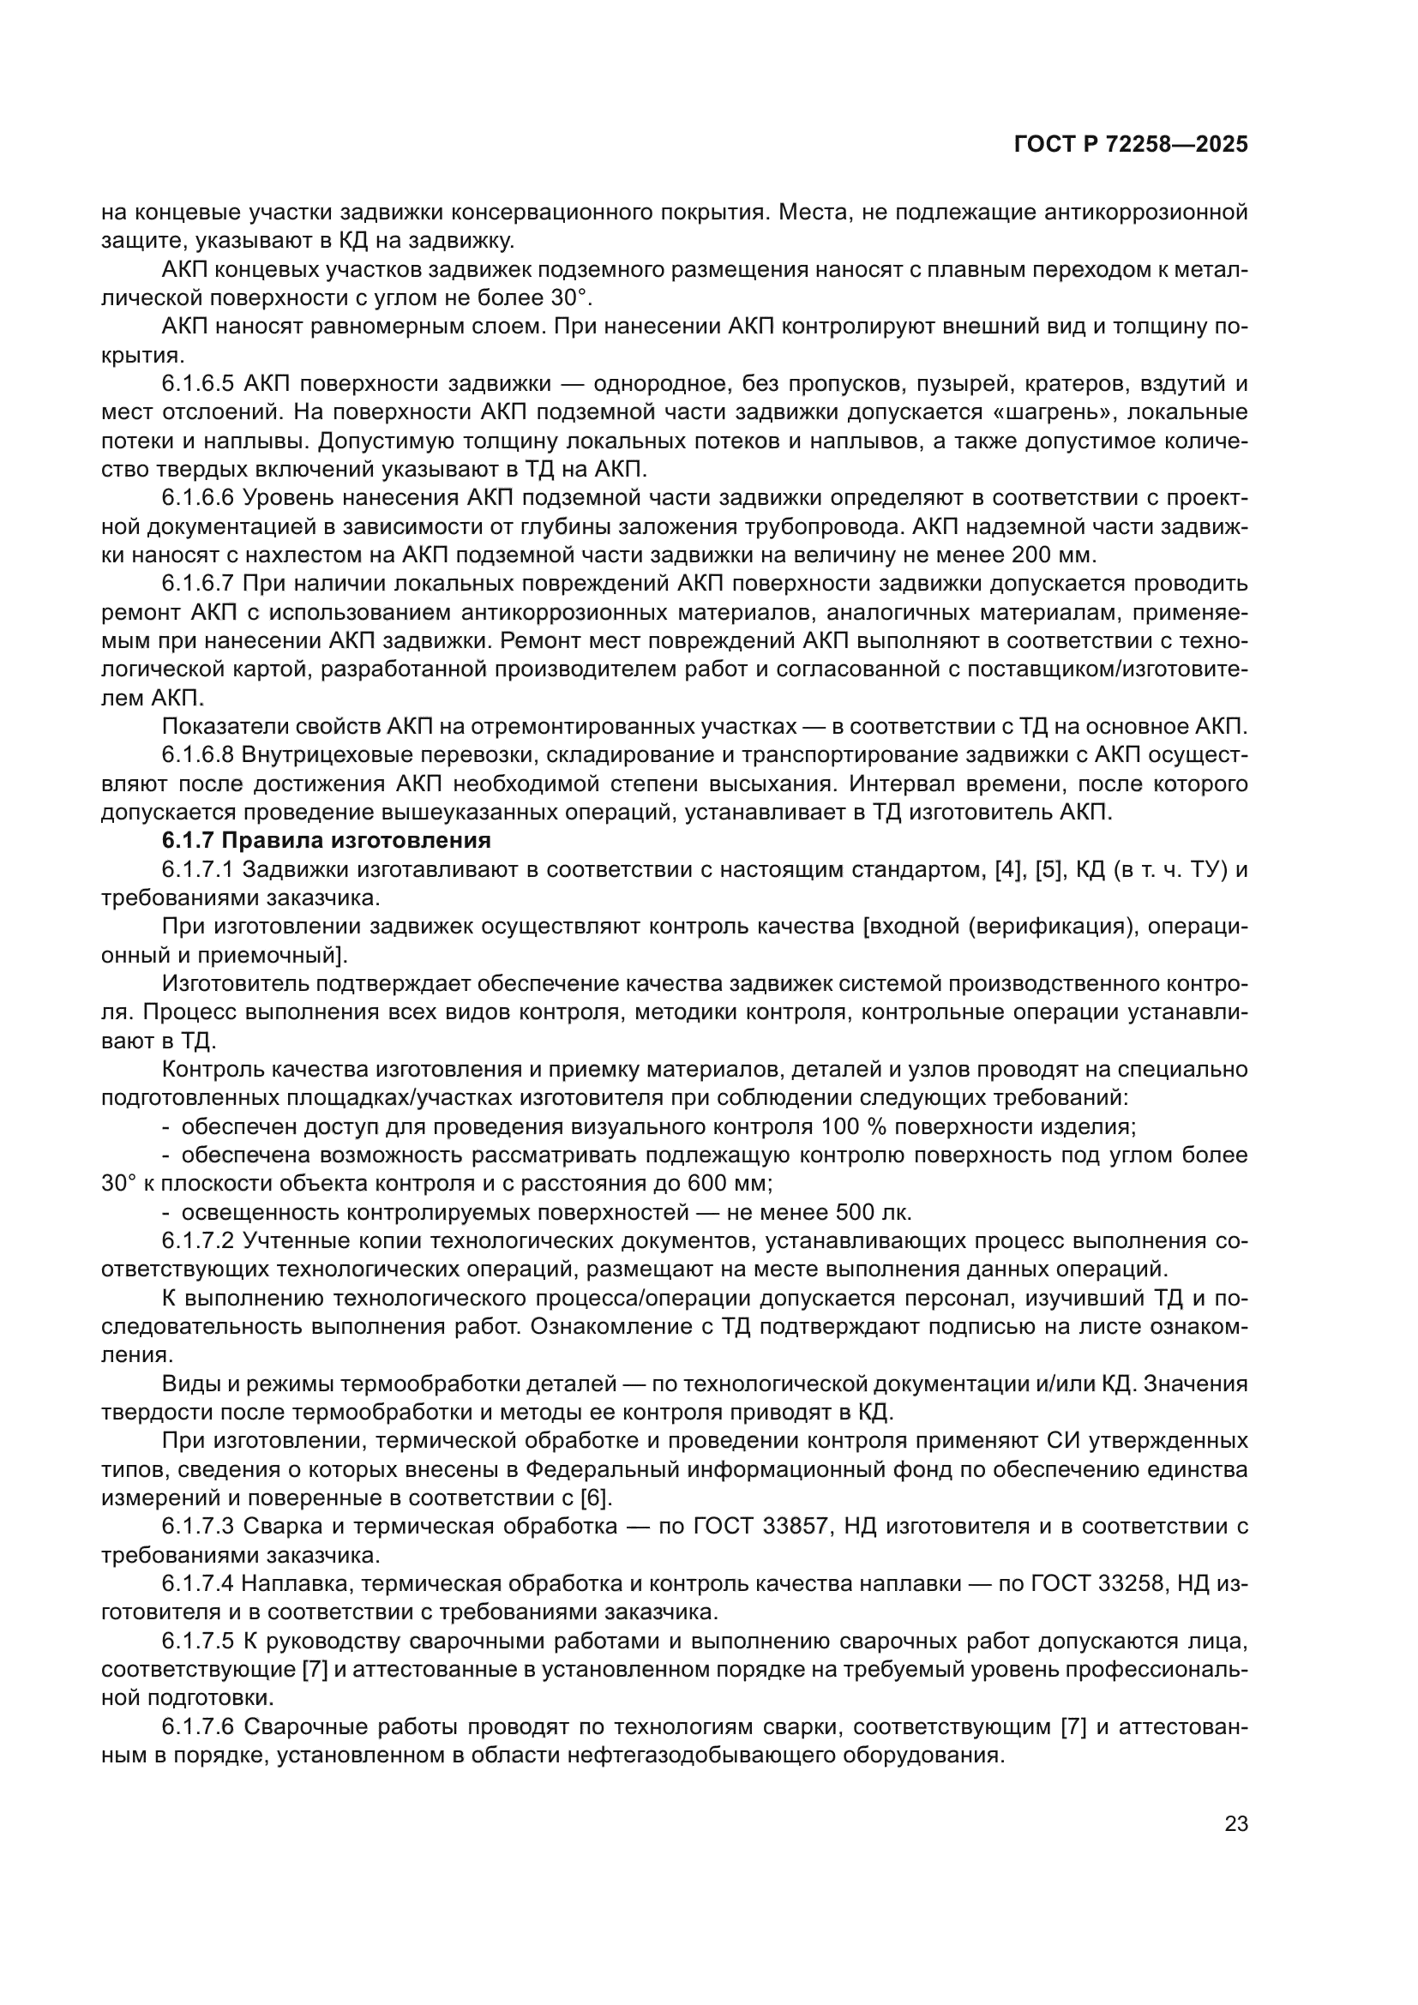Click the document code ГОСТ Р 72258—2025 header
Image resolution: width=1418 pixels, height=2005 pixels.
1130,145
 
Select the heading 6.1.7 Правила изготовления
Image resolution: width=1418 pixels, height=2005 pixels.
327,841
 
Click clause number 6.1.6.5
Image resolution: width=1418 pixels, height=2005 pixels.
198,383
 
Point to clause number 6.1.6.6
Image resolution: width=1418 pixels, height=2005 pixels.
198,498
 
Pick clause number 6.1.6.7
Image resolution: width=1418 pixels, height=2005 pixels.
198,584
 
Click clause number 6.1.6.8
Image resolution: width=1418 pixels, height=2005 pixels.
198,755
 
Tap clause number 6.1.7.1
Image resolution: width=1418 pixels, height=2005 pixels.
198,870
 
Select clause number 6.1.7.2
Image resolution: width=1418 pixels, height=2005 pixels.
198,1241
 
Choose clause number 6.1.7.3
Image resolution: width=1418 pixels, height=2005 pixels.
198,1528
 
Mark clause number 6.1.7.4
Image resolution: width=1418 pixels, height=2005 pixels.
198,1584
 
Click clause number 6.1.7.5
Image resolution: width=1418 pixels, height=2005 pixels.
198,1642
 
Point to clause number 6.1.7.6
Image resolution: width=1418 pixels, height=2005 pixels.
198,1727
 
